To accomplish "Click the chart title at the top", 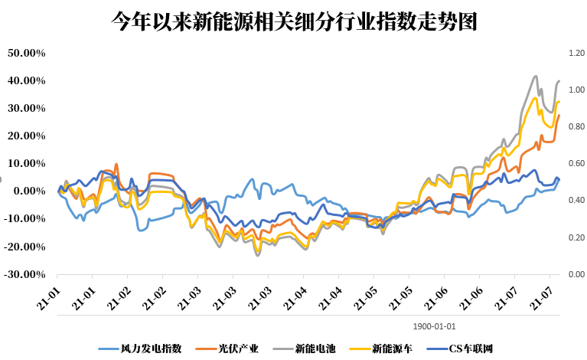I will [294, 21].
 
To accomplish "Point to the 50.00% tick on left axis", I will [27, 53].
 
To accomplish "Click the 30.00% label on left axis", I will [27, 108].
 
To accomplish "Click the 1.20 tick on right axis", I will [576, 53].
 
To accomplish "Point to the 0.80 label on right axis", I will [576, 126].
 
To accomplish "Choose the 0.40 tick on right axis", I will [576, 200].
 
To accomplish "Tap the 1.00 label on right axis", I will [576, 90].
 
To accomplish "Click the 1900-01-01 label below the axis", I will [435, 325].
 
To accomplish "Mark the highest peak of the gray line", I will [535, 77].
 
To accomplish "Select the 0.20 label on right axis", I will [576, 237].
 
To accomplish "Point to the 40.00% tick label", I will [27, 80].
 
